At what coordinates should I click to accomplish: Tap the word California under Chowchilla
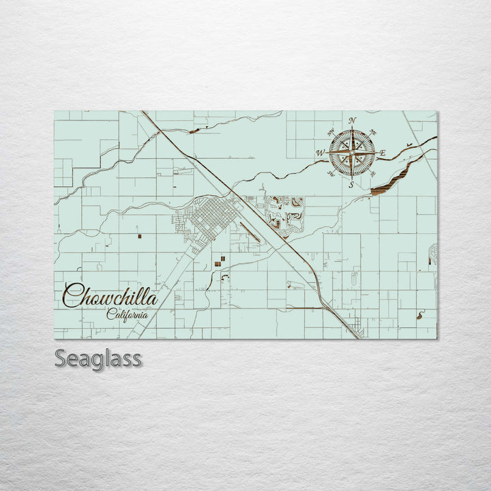[x=128, y=314]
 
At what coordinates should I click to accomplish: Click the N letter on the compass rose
[x=352, y=121]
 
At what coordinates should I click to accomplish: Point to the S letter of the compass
[x=351, y=184]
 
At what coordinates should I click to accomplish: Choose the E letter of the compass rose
[x=383, y=153]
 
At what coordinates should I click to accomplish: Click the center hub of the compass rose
[x=352, y=152]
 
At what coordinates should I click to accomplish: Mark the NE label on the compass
[x=372, y=132]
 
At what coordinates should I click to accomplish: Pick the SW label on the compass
[x=331, y=173]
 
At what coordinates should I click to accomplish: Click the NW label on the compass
[x=331, y=132]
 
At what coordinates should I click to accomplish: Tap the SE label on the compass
[x=372, y=173]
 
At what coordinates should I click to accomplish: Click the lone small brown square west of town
[x=138, y=237]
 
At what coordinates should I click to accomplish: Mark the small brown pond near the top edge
[x=195, y=130]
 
